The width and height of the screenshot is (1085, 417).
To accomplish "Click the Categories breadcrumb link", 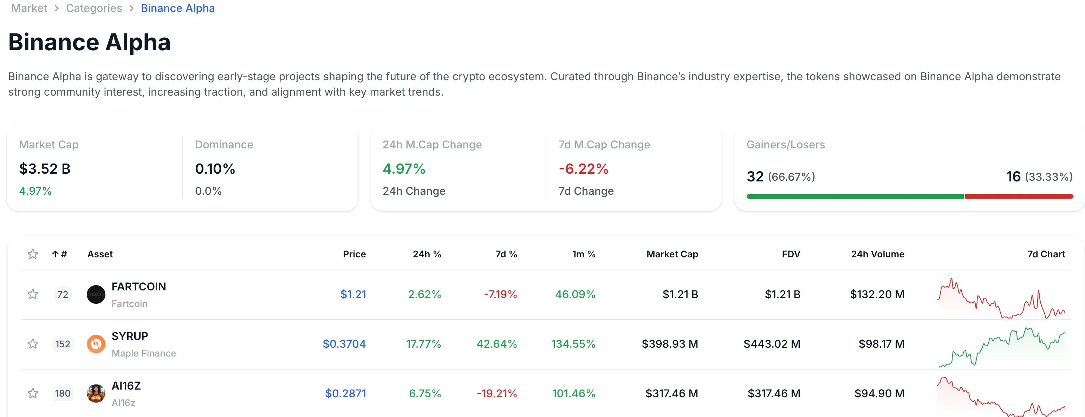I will click(x=94, y=8).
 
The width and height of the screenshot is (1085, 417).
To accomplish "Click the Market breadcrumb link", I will click(x=29, y=8).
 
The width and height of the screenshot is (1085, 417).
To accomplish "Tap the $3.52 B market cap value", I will click(x=45, y=169).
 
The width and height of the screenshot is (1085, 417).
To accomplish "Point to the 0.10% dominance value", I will click(x=215, y=169).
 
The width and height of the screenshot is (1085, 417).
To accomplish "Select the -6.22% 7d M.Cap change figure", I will click(x=583, y=169).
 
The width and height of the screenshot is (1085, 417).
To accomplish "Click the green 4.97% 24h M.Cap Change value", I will click(x=403, y=169).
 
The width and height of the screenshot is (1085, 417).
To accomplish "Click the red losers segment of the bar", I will click(x=1019, y=197).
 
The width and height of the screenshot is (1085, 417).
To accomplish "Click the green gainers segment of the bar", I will click(x=855, y=197).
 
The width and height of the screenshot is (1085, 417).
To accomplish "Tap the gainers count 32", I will click(x=755, y=176).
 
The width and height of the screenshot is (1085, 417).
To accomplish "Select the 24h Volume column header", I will click(x=877, y=254).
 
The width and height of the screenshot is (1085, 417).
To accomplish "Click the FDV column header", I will click(x=791, y=254).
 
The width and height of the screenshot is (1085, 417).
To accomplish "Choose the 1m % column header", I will click(x=583, y=254).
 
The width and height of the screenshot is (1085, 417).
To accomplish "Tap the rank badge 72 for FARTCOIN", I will click(x=63, y=294).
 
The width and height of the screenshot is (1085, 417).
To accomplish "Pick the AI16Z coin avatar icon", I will click(x=96, y=393).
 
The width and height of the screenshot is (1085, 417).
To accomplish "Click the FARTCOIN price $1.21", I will click(x=353, y=294).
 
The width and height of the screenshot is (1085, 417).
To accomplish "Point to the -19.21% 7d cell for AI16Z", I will click(x=496, y=393).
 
